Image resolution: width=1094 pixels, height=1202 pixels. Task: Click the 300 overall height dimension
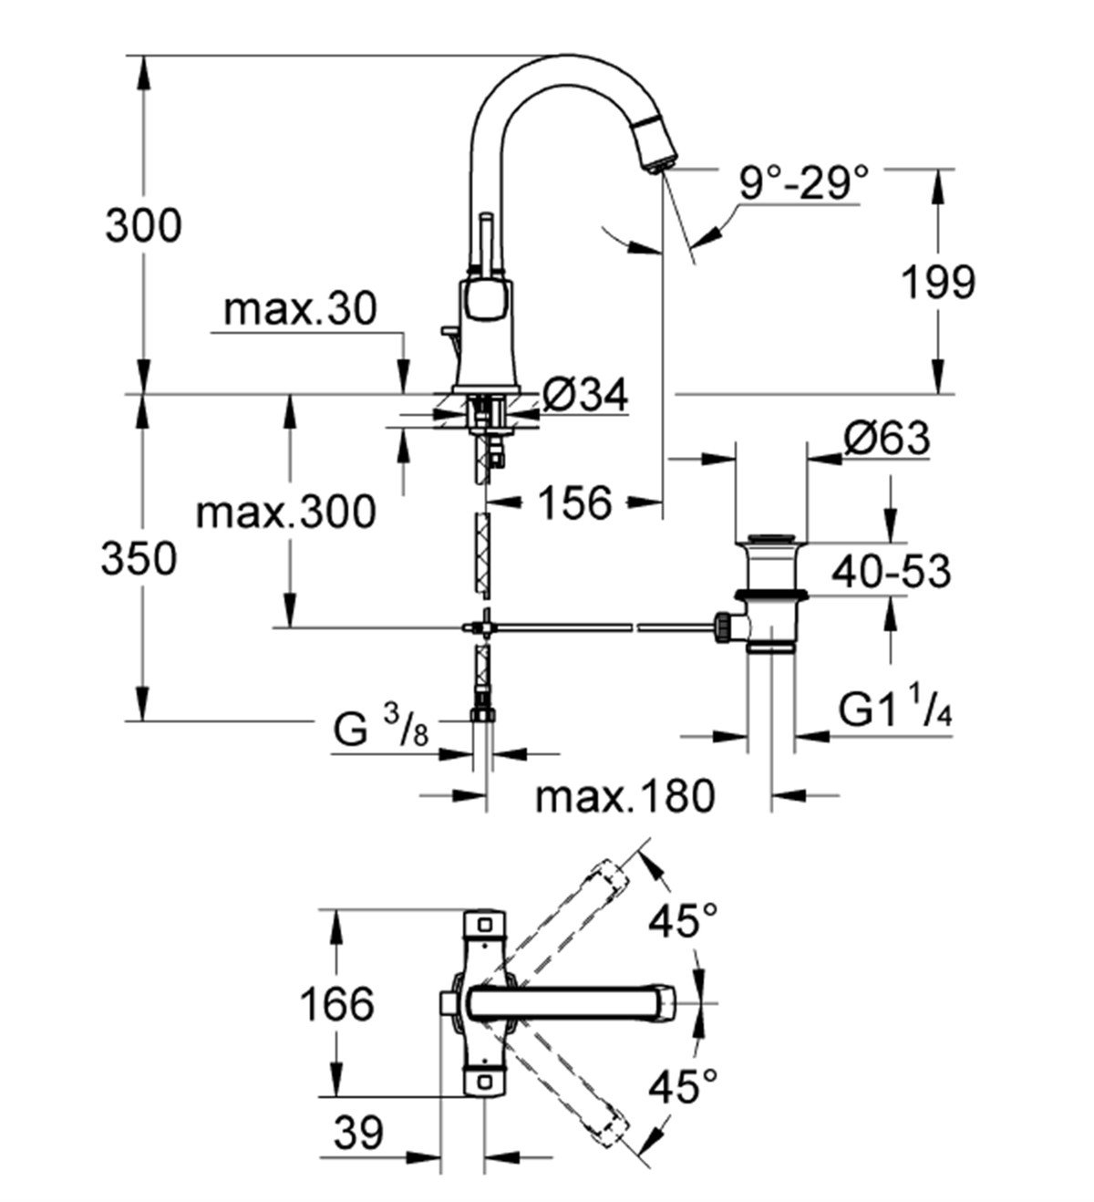(x=143, y=225)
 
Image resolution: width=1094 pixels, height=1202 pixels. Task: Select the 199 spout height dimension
(x=938, y=282)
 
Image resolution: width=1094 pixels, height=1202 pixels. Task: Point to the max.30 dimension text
(x=300, y=311)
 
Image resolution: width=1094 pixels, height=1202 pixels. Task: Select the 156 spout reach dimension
(x=573, y=502)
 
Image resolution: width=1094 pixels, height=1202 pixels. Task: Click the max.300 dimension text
(x=285, y=512)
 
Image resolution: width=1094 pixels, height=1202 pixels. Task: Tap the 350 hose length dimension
(x=138, y=558)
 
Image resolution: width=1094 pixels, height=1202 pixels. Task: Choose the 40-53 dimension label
(x=891, y=572)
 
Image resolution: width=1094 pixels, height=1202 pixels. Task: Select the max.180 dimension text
(x=624, y=796)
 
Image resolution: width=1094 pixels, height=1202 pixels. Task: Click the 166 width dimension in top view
(x=337, y=1004)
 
